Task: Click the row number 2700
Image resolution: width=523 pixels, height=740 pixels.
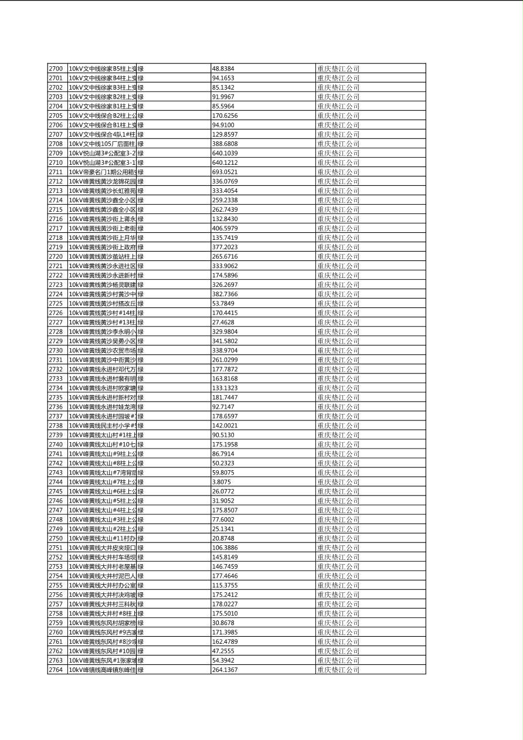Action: click(56, 69)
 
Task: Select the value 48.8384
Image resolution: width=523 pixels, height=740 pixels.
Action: click(223, 69)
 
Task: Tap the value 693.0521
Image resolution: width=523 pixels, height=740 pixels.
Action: click(225, 172)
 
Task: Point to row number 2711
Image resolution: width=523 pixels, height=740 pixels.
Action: click(56, 172)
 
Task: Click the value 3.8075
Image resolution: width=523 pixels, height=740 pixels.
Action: click(221, 482)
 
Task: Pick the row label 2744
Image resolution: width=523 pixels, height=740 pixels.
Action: click(56, 482)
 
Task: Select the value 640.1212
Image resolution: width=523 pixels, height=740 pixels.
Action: click(225, 162)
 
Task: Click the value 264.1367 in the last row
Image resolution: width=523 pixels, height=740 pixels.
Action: click(225, 670)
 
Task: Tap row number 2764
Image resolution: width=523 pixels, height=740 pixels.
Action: click(56, 670)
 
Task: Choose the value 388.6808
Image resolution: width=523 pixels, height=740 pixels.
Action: click(225, 144)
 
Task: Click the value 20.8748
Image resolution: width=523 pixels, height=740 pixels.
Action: click(223, 538)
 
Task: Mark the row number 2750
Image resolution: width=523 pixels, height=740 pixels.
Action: click(56, 538)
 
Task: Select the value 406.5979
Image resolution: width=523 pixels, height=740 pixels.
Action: click(225, 228)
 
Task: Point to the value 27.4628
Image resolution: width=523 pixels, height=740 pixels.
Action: click(223, 322)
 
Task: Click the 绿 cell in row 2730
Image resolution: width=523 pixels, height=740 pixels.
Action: click(141, 350)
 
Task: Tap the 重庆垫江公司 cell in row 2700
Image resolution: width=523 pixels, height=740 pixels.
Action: click(338, 69)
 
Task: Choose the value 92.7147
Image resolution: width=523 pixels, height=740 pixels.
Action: click(223, 407)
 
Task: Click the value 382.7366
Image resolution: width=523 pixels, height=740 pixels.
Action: click(225, 294)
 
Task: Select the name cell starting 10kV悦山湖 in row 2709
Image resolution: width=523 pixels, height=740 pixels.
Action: click(102, 153)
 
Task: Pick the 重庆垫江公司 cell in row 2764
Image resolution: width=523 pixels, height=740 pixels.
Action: click(338, 670)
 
